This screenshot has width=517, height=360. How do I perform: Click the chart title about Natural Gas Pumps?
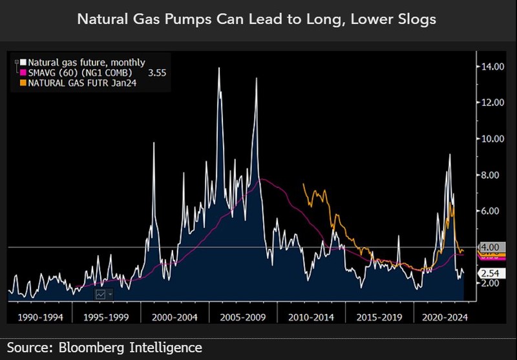[257, 19]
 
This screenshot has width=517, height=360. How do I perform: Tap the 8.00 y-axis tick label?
[491, 175]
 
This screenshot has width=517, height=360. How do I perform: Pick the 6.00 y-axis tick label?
[491, 211]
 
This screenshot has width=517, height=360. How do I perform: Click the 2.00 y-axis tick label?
[491, 283]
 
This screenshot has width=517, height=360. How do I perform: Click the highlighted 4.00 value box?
[490, 247]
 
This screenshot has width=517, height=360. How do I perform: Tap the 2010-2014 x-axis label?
[311, 317]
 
